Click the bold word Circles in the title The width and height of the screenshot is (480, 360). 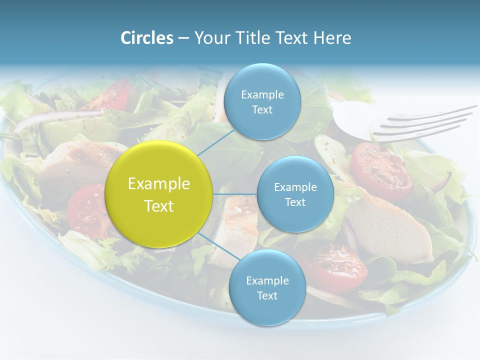146,38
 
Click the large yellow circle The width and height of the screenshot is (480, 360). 159,194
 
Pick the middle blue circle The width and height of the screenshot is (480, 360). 295,194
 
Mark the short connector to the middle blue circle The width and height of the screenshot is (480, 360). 235,194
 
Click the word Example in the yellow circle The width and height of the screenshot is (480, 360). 159,184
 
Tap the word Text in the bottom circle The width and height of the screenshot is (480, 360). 267,295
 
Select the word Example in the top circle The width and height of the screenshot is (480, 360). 262,94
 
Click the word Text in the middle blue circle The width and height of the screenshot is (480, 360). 295,202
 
